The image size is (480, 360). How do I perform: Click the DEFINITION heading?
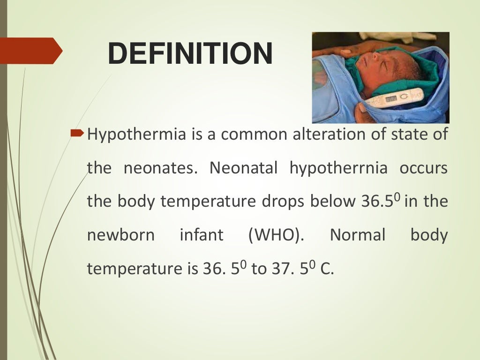[x=190, y=53]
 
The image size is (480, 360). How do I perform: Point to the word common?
[x=253, y=135]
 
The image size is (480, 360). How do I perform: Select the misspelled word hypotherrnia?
[x=338, y=168]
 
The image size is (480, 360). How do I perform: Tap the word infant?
[x=202, y=235]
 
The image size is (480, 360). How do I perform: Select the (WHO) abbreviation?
[x=275, y=235]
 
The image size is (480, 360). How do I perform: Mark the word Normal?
[x=358, y=235]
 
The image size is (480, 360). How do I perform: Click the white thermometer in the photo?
[x=393, y=98]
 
